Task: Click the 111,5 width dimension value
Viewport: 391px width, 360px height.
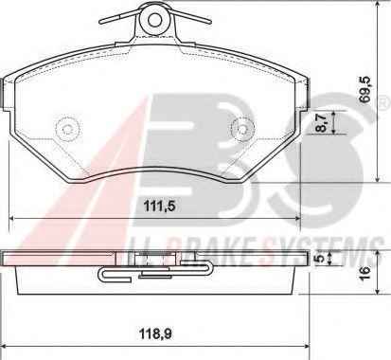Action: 159,207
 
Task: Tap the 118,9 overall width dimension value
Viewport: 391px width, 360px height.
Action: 156,333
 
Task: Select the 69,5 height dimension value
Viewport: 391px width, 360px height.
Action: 365,89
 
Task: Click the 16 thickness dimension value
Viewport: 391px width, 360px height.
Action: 364,274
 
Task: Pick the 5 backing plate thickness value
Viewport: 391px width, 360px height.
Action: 321,259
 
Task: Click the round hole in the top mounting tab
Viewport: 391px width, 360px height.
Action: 154,20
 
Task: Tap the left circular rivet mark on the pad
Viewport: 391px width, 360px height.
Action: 67,129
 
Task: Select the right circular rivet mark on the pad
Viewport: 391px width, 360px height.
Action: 242,129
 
